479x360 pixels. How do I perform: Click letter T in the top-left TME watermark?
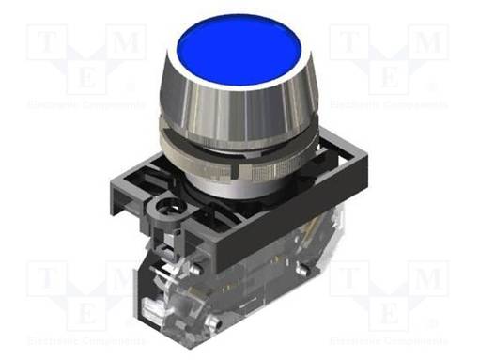(44, 40)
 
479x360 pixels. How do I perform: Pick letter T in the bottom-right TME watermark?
(347, 277)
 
